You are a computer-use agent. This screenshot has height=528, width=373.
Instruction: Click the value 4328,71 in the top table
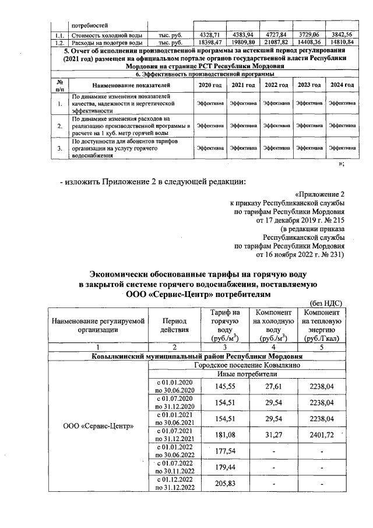tap(208, 35)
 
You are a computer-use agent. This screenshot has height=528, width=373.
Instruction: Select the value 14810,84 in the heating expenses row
tap(341, 43)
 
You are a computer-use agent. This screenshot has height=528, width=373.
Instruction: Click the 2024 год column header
tap(341, 86)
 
